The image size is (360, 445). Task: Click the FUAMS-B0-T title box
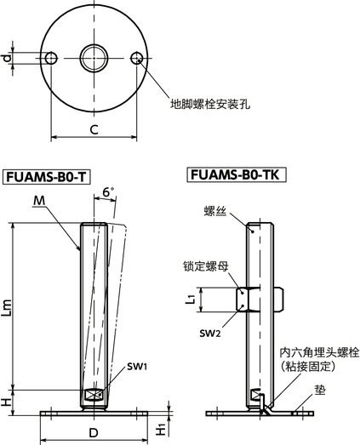[48, 177]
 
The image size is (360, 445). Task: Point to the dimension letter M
[40, 201]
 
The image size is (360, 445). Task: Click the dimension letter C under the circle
[94, 129]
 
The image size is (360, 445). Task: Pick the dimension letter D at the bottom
[95, 431]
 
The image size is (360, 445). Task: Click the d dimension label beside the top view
[7, 58]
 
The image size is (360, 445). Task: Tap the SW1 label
[137, 367]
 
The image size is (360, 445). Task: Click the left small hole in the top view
[51, 58]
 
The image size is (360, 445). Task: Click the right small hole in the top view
[137, 58]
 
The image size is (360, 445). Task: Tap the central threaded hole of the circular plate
[94, 58]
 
